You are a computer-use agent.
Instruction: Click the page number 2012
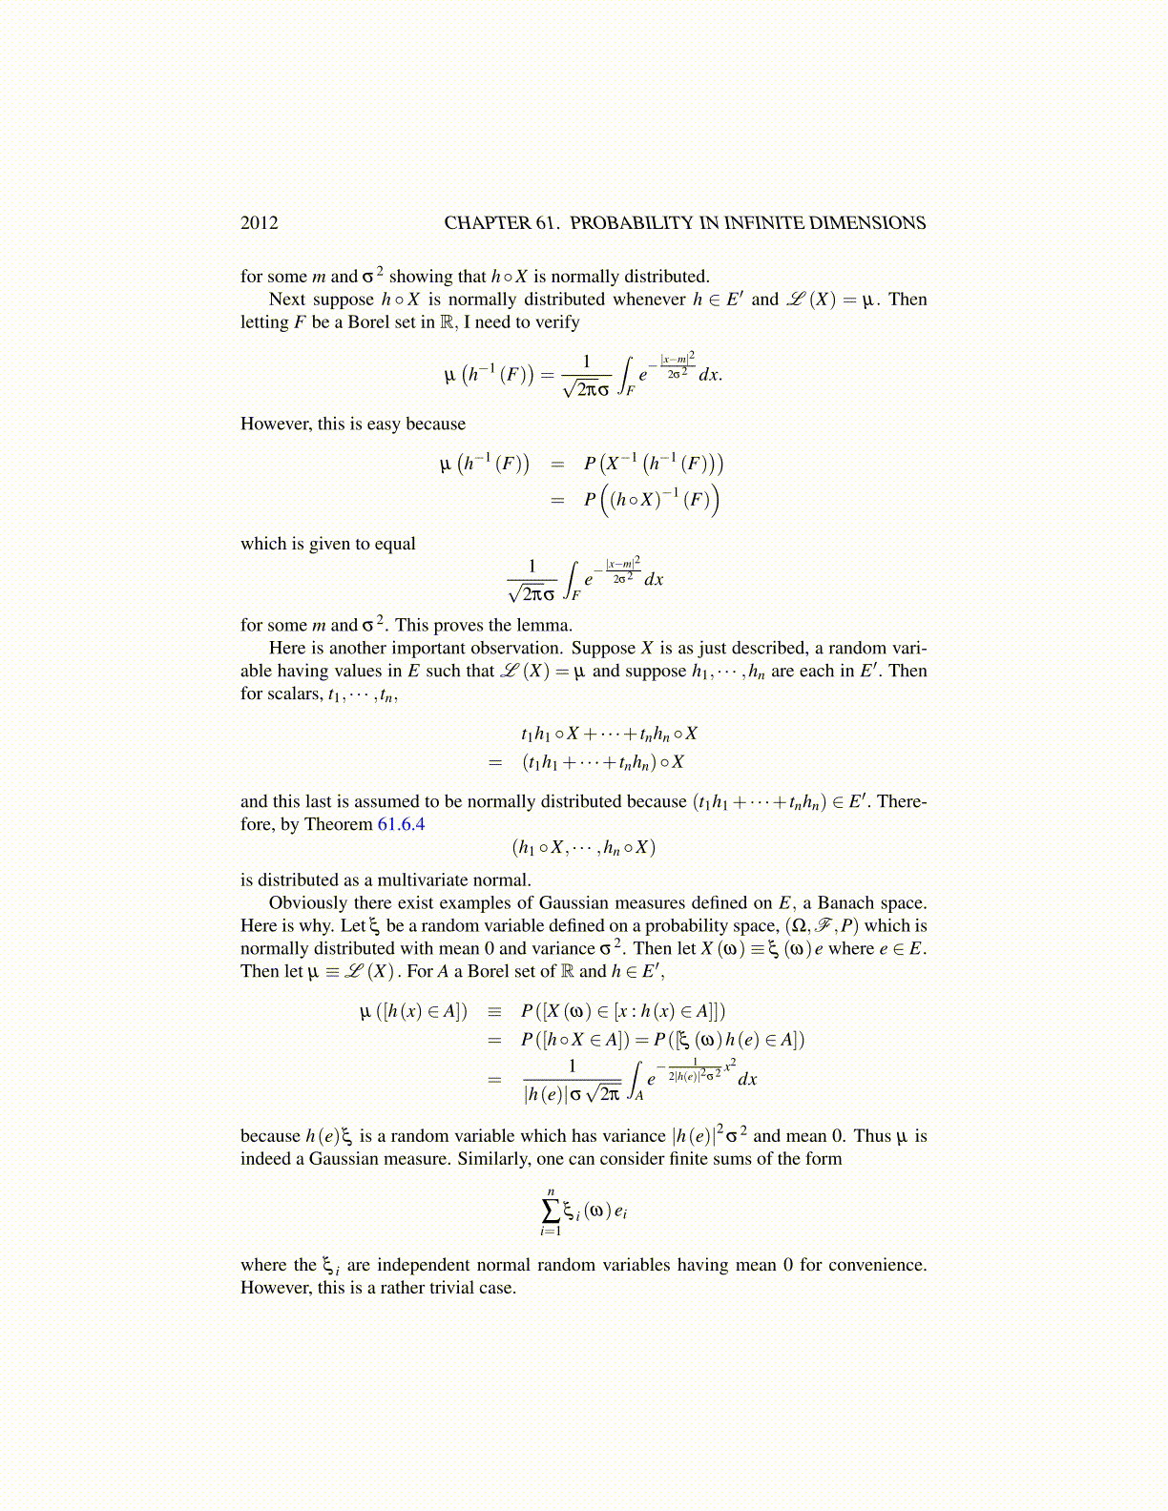pyautogui.click(x=260, y=223)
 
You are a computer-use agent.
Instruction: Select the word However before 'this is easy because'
pyautogui.click(x=277, y=424)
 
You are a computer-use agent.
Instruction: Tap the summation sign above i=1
pyautogui.click(x=551, y=1211)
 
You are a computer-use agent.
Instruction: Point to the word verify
pyautogui.click(x=556, y=322)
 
